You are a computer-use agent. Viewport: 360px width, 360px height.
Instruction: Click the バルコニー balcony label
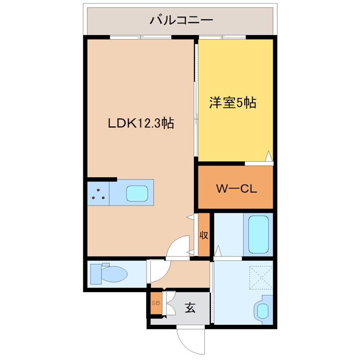tap(181, 20)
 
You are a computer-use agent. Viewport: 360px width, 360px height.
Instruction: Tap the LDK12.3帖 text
tap(141, 123)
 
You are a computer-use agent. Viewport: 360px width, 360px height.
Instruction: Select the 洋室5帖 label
tap(232, 103)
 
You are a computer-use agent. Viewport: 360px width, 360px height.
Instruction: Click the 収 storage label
tap(204, 235)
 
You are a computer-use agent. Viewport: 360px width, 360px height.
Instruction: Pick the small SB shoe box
tap(156, 303)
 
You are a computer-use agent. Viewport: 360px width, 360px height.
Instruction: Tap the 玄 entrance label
tap(190, 308)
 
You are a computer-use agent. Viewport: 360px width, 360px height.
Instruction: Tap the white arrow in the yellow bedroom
tap(268, 156)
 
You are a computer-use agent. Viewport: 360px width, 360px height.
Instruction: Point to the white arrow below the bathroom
tap(218, 251)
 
